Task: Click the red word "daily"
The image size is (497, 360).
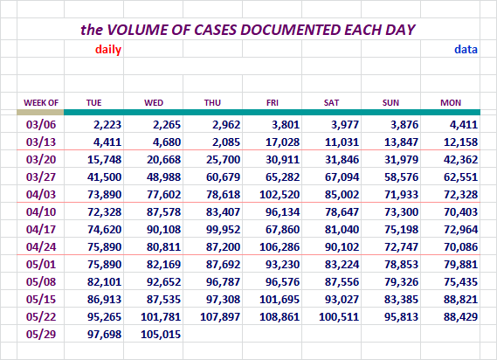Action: coord(108,50)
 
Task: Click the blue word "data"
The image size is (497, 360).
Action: coord(466,50)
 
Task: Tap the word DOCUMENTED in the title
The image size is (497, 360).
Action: coord(291,30)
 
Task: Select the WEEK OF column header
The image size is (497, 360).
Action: coord(41,103)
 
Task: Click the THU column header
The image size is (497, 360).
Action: coord(212,103)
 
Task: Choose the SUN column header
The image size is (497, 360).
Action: coord(390,103)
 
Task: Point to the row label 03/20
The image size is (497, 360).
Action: coord(41,159)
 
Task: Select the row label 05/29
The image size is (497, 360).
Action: coord(41,334)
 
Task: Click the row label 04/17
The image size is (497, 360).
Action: coord(41,229)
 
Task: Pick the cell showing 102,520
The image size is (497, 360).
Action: coord(280,194)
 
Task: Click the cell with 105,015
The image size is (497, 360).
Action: coord(161,334)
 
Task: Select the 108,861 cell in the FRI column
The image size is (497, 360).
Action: coord(280,316)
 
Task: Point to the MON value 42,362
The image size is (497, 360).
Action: coord(460,159)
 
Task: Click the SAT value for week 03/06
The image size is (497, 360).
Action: coord(345,124)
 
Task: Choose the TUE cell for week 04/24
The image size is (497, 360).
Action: coord(104,246)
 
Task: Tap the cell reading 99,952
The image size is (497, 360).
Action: coord(223,229)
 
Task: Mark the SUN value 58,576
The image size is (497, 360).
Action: coord(401,177)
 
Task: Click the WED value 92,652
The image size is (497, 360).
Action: coord(163,281)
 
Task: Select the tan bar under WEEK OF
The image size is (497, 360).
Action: coord(40,112)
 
